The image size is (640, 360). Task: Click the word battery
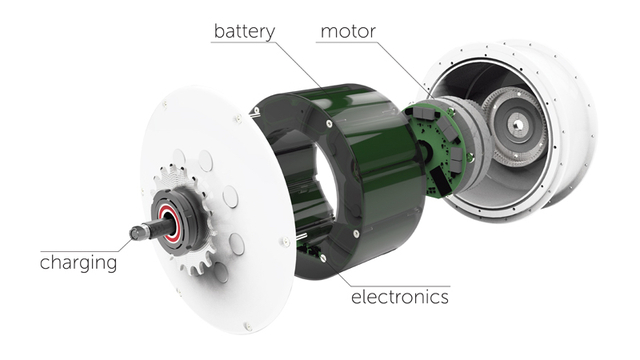pos(244,32)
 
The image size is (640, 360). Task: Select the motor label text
pos(348,32)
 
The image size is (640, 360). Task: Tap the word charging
pos(78,262)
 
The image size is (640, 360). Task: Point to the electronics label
pos(400,297)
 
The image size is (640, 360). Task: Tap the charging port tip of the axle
pos(134,233)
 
